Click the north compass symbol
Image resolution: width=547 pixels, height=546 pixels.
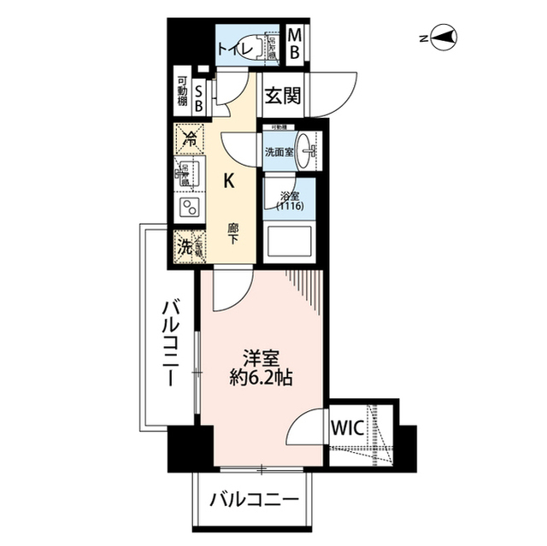point(444,38)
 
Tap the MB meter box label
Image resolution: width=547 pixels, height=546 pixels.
point(293,44)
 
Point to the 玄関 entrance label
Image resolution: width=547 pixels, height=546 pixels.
point(282,97)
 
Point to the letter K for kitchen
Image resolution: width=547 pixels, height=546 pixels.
point(229,180)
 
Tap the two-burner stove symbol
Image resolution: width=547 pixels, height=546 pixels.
point(188,207)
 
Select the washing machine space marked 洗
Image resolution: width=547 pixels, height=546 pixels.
point(185,246)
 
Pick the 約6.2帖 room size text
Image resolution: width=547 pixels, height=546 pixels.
point(262,377)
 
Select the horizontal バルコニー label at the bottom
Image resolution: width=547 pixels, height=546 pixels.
point(254,497)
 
